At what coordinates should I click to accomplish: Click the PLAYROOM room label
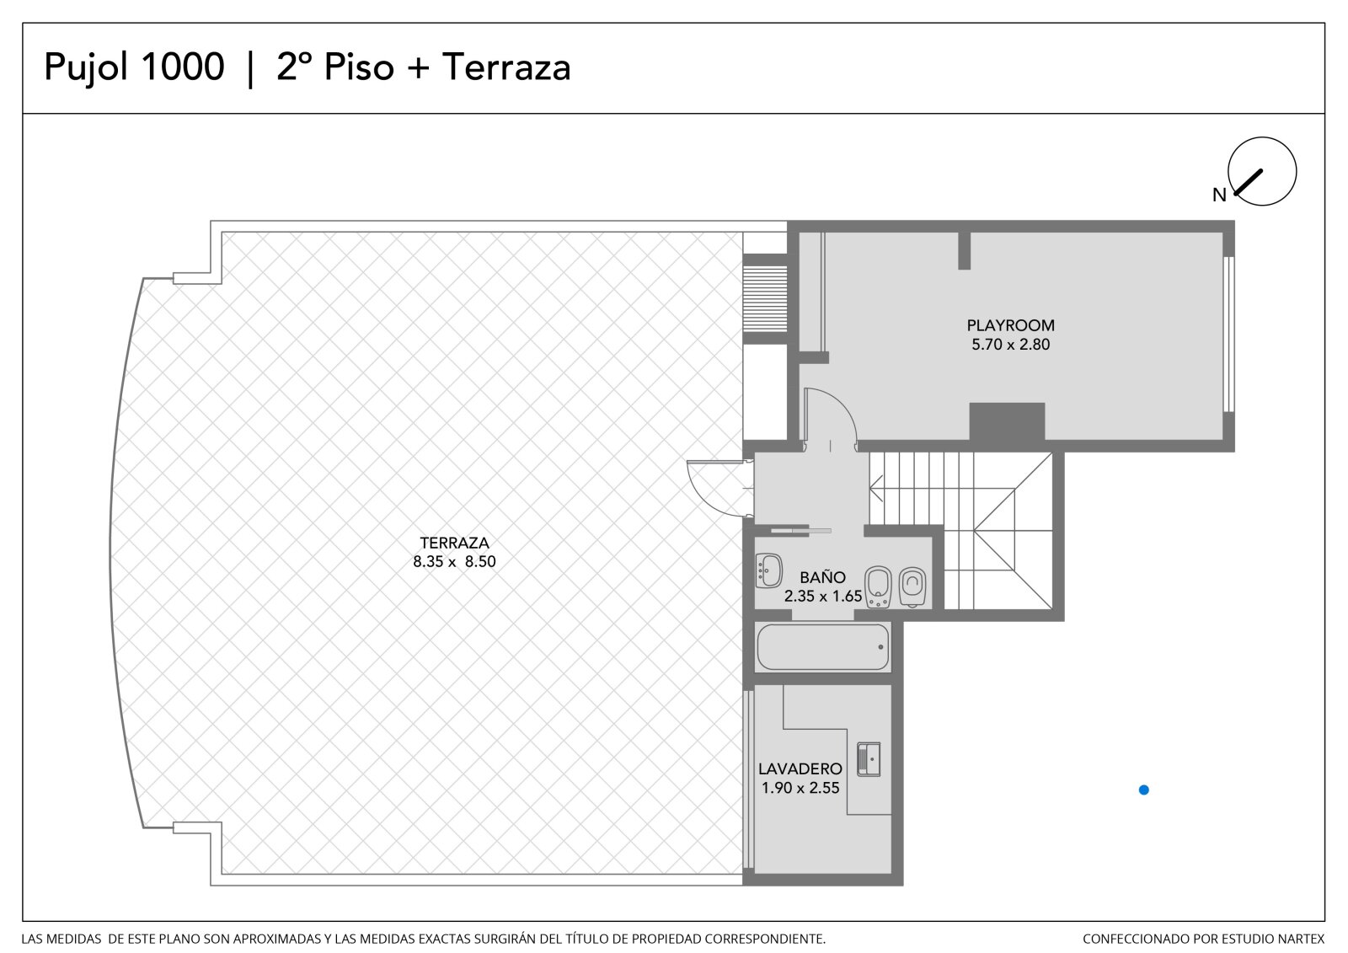tap(1010, 325)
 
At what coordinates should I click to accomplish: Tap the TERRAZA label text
tap(454, 543)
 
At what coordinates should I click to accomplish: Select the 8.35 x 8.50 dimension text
tap(454, 562)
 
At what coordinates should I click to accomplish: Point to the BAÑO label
tap(822, 576)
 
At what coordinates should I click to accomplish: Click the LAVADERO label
tap(800, 768)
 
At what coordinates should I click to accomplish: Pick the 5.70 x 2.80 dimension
tap(1010, 345)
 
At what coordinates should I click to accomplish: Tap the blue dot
tap(1144, 790)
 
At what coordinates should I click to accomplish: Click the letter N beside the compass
tap(1219, 195)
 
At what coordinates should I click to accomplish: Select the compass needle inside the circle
tap(1248, 182)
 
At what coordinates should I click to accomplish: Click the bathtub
tap(822, 647)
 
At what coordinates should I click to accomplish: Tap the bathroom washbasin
tap(768, 570)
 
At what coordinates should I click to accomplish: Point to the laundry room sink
tap(869, 760)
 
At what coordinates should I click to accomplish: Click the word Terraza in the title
tap(506, 67)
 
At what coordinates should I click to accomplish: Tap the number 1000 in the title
tap(182, 67)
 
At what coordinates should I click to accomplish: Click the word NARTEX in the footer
tap(1303, 939)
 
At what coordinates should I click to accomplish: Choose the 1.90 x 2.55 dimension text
tap(800, 788)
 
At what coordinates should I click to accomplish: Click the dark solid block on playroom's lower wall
tap(1007, 421)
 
